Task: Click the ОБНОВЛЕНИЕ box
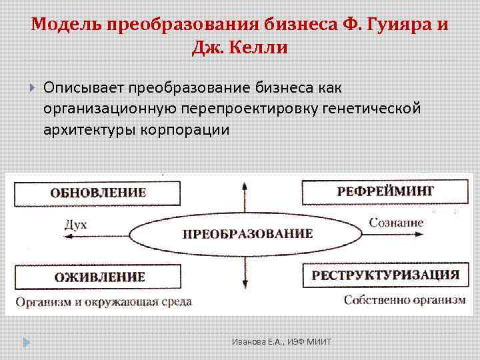(x=97, y=193)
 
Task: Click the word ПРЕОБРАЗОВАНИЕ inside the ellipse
(x=247, y=234)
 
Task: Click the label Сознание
(x=397, y=223)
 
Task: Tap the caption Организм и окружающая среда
(x=103, y=301)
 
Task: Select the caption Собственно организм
(x=405, y=300)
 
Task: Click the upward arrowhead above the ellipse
(x=243, y=179)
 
